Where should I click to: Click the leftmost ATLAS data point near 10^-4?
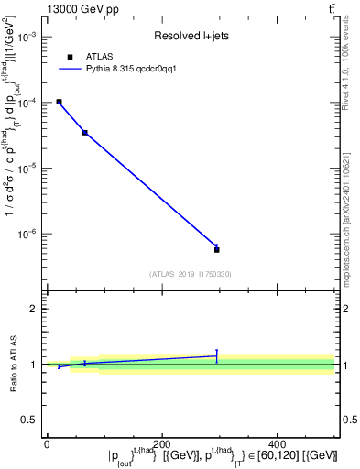tap(59, 102)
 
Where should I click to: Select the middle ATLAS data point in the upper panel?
tap(84, 133)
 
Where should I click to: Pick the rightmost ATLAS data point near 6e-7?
tap(216, 249)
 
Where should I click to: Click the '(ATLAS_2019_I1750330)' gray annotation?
tap(190, 274)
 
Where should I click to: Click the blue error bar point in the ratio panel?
tap(216, 355)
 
